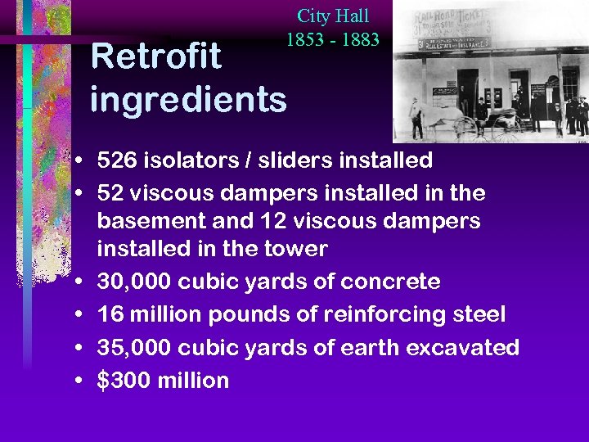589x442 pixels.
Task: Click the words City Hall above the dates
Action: pyautogui.click(x=333, y=16)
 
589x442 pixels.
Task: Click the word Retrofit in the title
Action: pyautogui.click(x=155, y=56)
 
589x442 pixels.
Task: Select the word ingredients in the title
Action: pyautogui.click(x=188, y=100)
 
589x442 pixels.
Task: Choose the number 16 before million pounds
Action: pyautogui.click(x=110, y=314)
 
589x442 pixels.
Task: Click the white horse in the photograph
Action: pyautogui.click(x=429, y=115)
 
